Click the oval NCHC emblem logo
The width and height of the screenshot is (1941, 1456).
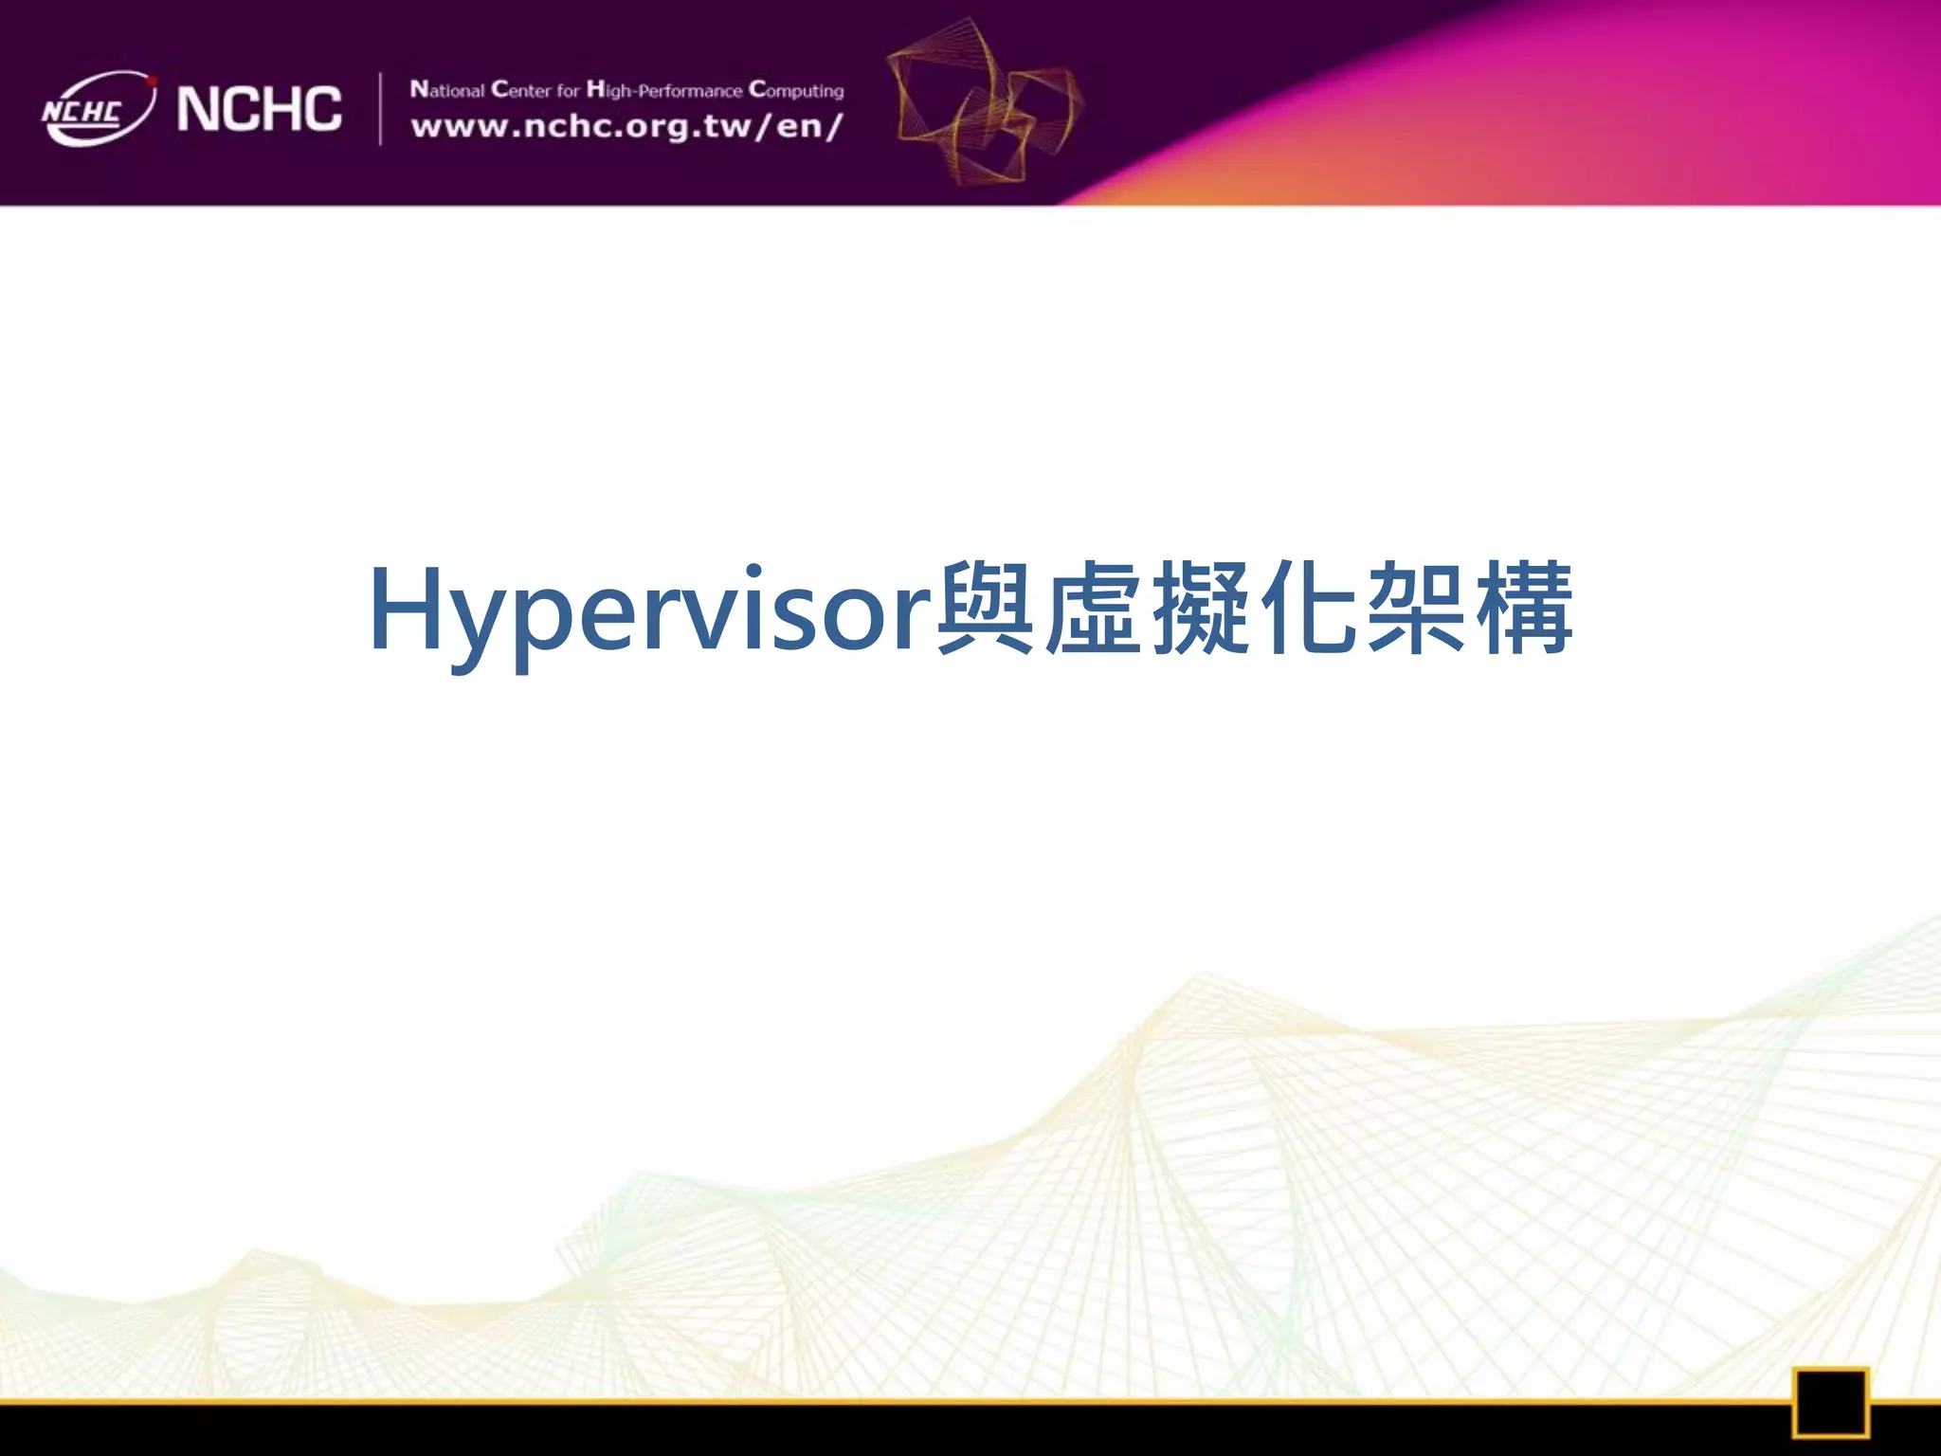[x=97, y=109]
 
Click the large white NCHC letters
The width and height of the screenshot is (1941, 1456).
[x=259, y=109]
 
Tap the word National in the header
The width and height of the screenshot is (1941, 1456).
[x=447, y=90]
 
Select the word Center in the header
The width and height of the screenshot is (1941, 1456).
[x=520, y=90]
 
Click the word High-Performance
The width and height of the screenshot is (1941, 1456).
[x=663, y=90]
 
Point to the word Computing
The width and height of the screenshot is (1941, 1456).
[x=796, y=90]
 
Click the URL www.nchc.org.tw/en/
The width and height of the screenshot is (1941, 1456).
[x=626, y=126]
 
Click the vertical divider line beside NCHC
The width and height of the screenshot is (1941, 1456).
[x=381, y=109]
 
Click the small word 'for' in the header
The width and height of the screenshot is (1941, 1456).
[x=568, y=91]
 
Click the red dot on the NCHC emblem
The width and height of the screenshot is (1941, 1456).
[x=152, y=82]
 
